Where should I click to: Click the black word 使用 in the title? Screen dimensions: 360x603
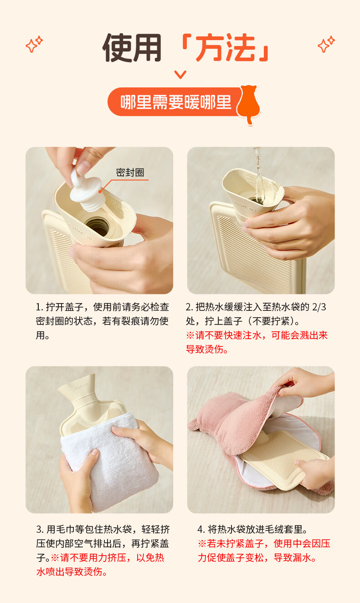coord(132,48)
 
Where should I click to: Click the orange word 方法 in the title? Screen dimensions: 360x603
coord(225,48)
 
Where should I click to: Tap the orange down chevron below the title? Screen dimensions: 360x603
coord(180,74)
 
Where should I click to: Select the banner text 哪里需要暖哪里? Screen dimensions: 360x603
coord(176,102)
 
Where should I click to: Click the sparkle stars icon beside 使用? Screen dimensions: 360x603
coord(34,44)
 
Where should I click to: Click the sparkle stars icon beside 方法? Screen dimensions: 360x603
coord(326,44)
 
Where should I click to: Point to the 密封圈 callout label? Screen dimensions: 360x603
coord(130,173)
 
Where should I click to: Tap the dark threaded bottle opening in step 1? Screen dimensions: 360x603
coord(98,226)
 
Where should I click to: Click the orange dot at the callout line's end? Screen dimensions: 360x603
coord(100,191)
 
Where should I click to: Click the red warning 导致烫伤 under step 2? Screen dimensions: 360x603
coord(207,349)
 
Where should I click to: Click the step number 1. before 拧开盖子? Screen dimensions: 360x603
coord(40,307)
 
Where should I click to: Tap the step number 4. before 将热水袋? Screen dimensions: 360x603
coord(201,530)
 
